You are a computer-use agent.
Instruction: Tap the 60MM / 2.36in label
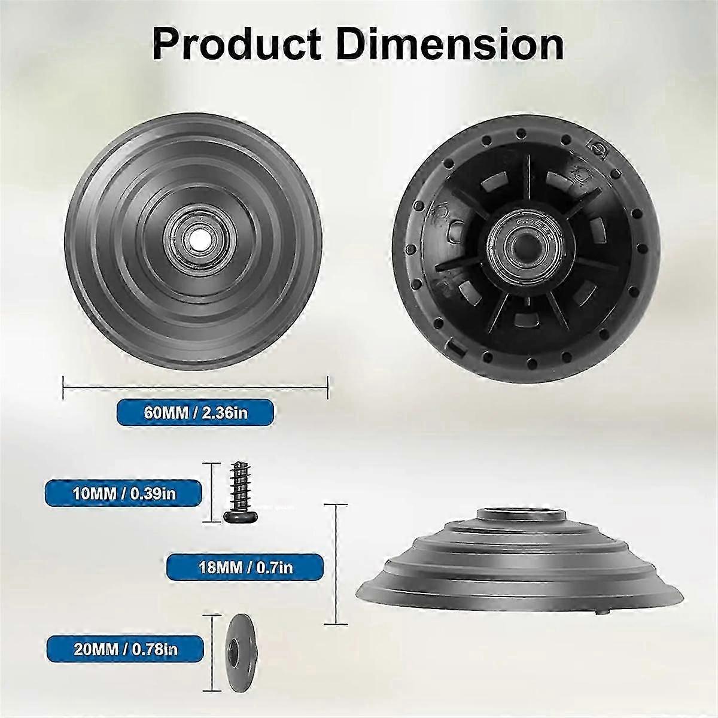(x=195, y=412)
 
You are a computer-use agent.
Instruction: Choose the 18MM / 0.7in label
(x=245, y=566)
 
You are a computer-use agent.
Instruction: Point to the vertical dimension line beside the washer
(x=212, y=648)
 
